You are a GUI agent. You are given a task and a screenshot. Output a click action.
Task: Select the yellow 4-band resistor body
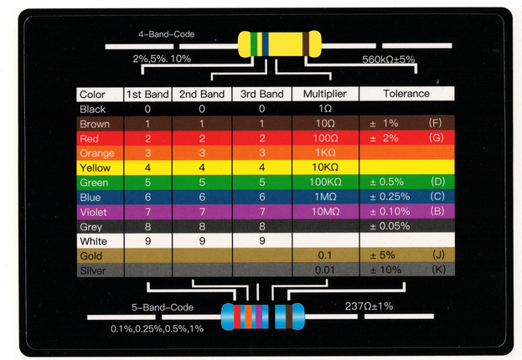click(x=279, y=44)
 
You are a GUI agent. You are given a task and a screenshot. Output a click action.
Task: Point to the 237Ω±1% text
click(x=370, y=306)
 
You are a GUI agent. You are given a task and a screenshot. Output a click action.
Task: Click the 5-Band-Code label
click(x=162, y=306)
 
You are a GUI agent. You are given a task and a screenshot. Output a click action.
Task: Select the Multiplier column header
click(x=325, y=94)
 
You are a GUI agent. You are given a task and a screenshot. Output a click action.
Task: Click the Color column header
click(x=92, y=95)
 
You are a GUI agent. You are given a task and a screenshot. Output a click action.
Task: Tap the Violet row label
click(x=94, y=212)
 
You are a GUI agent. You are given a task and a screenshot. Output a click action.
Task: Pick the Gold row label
click(x=91, y=255)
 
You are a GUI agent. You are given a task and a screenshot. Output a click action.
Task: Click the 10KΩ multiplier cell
click(x=325, y=167)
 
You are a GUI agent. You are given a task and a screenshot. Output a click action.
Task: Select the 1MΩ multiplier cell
click(x=325, y=197)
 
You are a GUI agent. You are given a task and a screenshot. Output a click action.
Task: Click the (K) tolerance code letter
click(x=437, y=270)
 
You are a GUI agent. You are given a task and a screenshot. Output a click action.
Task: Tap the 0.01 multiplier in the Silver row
click(x=325, y=270)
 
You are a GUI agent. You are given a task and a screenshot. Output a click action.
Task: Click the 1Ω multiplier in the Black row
click(x=325, y=109)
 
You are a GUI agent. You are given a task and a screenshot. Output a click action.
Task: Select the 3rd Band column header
click(x=261, y=95)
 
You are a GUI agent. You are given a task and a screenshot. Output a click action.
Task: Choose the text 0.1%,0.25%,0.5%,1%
click(x=157, y=328)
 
